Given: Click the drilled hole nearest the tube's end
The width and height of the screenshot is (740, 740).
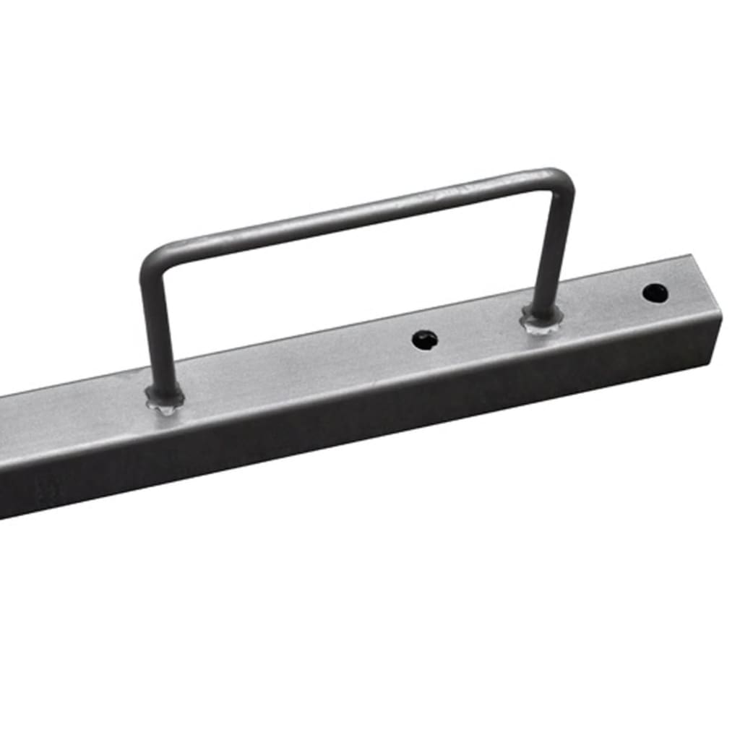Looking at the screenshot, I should click(655, 293).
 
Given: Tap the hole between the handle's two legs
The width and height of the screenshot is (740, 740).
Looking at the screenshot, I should click(424, 340).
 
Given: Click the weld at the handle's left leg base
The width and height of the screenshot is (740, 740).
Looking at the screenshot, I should click(165, 397).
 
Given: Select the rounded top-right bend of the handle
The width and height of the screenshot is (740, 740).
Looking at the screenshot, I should click(564, 181).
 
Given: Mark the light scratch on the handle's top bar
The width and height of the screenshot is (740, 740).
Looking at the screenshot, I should click(462, 192).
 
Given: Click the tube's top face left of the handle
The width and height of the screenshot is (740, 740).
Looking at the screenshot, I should click(72, 419).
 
